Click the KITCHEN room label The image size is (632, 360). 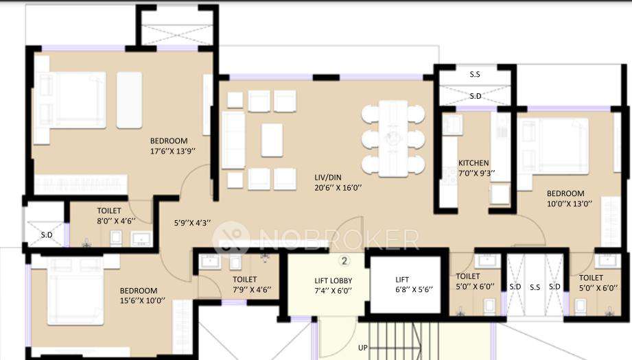point(473,163)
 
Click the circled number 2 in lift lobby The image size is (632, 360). point(345,261)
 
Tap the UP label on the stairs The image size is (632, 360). point(362,348)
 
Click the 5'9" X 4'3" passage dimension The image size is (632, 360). point(192,222)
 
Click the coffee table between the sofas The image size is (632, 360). point(272,140)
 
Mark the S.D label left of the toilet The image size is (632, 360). point(47,234)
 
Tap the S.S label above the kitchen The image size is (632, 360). point(475,74)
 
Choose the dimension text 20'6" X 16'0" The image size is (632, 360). point(337,187)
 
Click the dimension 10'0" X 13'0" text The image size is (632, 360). point(565,204)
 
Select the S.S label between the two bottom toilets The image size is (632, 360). point(535,286)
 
